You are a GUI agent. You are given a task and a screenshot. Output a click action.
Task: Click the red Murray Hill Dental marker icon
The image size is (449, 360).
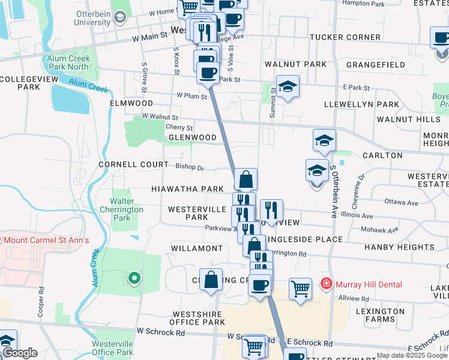coord(326,283)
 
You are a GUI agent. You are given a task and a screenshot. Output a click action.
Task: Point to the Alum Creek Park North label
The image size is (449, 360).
coord(68,62)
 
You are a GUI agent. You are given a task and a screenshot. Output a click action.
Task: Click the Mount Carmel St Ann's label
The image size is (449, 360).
coord(46,240)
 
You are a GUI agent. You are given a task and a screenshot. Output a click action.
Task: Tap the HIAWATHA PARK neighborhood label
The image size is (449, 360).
coord(187,188)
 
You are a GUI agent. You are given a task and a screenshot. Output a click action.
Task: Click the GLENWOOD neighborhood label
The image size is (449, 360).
coord(192,137)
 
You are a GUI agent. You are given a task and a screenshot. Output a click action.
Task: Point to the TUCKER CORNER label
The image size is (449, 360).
coord(345,37)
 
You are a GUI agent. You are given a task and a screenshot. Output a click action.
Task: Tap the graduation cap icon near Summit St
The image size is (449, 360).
coord(288,86)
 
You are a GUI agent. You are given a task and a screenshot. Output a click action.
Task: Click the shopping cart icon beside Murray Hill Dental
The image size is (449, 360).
coord(300,288)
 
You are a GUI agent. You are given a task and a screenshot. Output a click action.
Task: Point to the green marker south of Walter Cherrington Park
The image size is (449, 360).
coord(134,278)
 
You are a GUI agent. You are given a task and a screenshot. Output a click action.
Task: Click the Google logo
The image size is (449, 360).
coord(20,353)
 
